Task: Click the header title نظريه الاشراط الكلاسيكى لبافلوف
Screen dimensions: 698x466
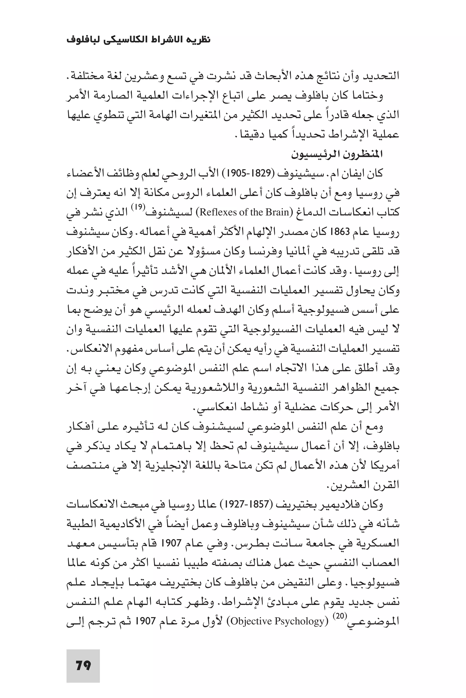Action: click(x=139, y=40)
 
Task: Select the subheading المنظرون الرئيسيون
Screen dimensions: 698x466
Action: click(x=337, y=154)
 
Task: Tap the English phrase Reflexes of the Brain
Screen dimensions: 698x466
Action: click(x=244, y=212)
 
